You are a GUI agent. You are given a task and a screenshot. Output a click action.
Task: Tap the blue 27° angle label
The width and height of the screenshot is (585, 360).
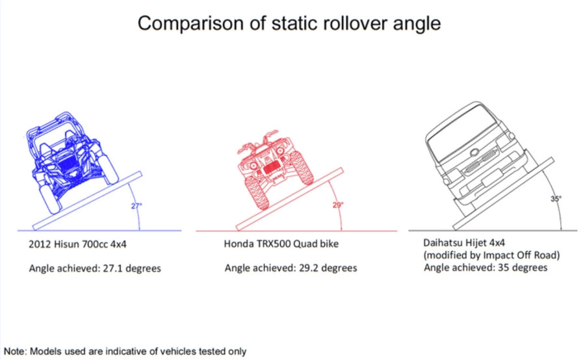(136, 205)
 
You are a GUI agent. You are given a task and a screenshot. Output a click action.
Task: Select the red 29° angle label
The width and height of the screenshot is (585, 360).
(338, 205)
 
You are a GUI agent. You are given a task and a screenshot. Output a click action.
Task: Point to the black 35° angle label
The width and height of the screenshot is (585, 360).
(556, 199)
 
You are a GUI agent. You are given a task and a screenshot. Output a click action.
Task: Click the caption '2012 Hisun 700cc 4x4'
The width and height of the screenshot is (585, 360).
(77, 244)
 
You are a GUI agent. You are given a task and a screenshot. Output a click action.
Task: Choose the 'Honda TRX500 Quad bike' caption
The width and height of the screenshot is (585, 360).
(281, 244)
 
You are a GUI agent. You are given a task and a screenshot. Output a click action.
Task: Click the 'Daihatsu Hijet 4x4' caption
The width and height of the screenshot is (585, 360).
(464, 243)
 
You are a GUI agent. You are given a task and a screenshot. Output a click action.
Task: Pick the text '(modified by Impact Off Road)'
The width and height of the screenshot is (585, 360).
(492, 255)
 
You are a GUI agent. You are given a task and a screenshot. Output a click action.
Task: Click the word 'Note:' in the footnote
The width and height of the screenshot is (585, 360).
(16, 352)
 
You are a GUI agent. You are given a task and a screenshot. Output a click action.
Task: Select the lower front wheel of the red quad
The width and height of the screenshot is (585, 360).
(257, 192)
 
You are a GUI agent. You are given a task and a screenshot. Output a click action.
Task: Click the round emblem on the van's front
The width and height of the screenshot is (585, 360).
(474, 152)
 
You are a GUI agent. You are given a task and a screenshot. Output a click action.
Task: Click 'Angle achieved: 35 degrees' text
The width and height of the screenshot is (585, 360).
(486, 268)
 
